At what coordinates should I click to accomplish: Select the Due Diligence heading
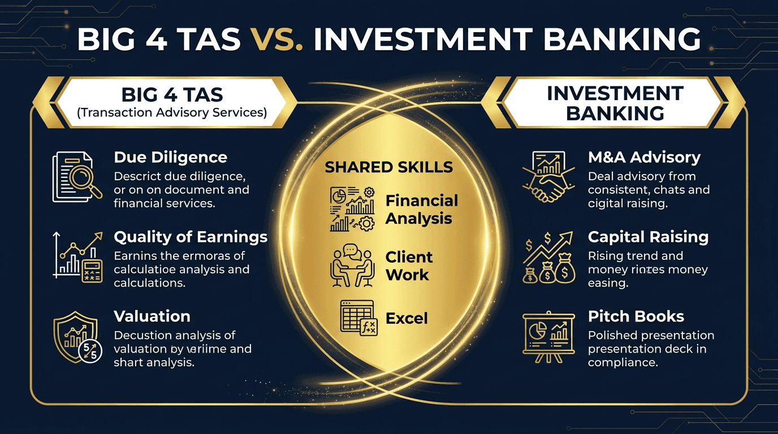tap(170, 157)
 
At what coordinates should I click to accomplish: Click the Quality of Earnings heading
tap(191, 236)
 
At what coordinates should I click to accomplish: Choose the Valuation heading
tap(152, 316)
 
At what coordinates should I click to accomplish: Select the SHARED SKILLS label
tap(388, 167)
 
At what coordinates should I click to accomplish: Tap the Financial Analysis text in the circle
tap(421, 210)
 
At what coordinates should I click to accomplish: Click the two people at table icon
tap(351, 266)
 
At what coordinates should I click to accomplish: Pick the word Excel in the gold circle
tap(407, 319)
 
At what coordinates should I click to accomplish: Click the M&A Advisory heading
tap(644, 157)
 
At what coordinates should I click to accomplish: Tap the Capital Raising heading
tap(648, 236)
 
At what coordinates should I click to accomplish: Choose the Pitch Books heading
tap(636, 316)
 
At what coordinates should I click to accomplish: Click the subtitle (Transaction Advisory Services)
tap(171, 112)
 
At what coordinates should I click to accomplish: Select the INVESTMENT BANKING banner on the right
tap(615, 102)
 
